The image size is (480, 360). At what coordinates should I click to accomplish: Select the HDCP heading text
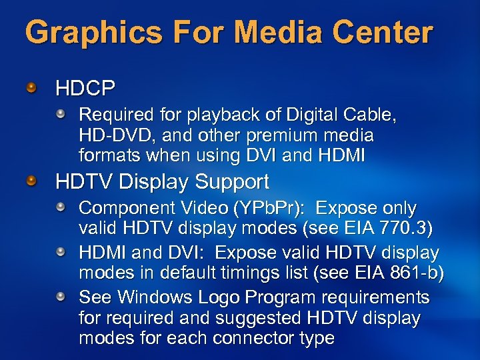tap(85, 87)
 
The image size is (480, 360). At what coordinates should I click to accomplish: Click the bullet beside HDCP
tap(31, 87)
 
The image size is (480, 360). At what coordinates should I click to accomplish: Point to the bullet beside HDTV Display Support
tap(31, 181)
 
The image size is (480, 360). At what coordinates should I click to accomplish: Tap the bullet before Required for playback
tap(61, 115)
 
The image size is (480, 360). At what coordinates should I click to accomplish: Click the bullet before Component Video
tap(61, 208)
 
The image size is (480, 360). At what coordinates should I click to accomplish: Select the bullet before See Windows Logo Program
tap(61, 295)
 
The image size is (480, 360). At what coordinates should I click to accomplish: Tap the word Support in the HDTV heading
tap(229, 181)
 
